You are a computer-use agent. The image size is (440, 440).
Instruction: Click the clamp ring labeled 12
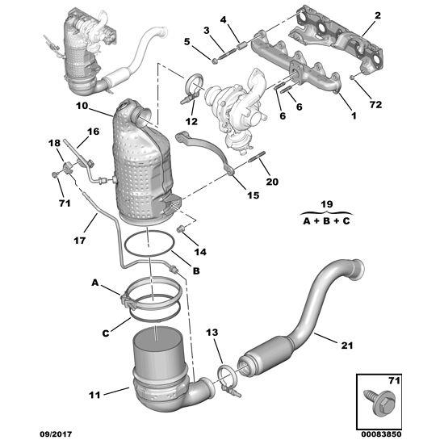point(195,86)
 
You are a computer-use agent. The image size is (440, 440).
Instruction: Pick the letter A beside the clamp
point(94,284)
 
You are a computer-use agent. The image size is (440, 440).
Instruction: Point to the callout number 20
point(271,182)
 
